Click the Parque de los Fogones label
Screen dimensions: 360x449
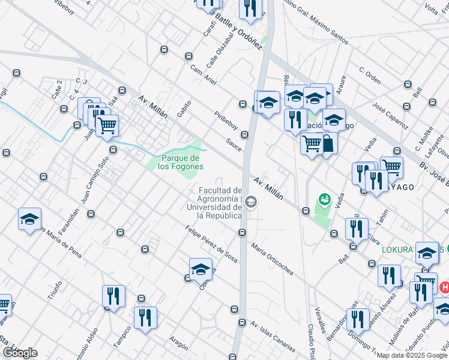181,162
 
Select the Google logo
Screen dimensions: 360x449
19,353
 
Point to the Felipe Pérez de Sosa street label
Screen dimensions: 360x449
211,244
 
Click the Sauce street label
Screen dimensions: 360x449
234,144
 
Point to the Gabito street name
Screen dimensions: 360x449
184,107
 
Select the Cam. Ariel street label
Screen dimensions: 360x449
203,75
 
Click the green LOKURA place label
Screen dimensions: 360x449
398,249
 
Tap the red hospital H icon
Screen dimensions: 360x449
444,288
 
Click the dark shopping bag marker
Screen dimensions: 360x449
328,145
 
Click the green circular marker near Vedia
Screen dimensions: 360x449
324,198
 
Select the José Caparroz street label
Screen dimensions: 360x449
390,116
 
